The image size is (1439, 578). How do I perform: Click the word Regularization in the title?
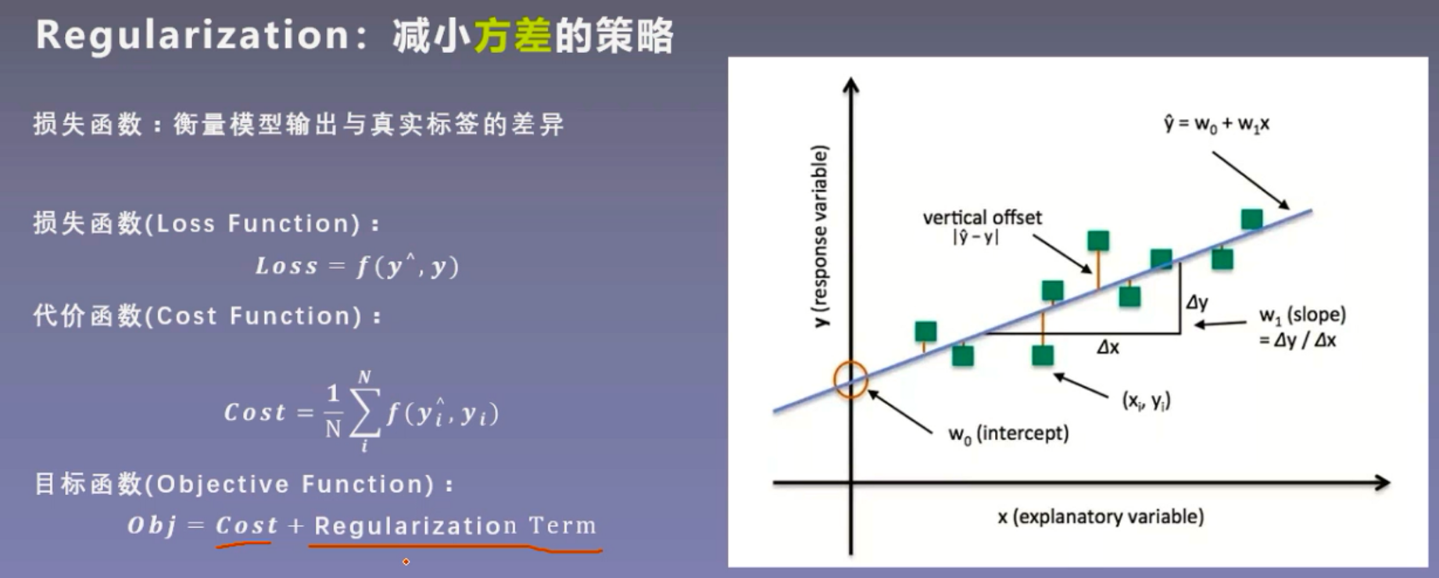pos(192,36)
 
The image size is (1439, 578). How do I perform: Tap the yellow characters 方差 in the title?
pos(512,36)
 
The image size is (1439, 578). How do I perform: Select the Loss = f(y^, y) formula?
pos(356,267)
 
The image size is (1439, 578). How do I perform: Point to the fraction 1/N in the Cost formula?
pos(333,411)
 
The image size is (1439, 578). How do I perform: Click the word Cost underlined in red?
pos(246,526)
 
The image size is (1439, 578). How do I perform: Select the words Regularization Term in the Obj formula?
pos(455,526)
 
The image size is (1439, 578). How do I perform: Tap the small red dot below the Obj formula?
pos(406,562)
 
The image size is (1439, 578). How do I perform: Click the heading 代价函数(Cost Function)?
pos(206,316)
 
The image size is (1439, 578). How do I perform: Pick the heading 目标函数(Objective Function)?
pos(242,484)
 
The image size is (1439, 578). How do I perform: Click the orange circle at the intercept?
pos(850,379)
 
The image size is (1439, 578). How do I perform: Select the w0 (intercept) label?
pos(1008,433)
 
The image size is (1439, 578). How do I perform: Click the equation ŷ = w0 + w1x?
pos(1216,124)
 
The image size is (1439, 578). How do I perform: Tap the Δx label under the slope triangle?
pos(1108,347)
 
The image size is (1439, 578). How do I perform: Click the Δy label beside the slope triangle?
pos(1197,303)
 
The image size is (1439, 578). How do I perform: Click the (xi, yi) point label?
pos(1146,400)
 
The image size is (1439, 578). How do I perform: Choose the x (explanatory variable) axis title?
pos(1100,516)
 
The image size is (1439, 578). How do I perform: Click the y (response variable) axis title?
pos(819,235)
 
